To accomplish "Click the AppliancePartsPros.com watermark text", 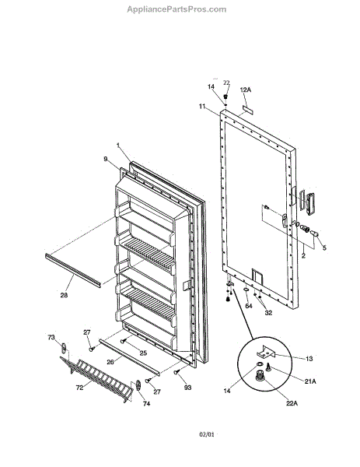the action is [177, 9].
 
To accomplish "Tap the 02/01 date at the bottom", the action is [207, 434].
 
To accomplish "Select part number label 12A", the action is [246, 90].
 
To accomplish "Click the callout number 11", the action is [203, 106].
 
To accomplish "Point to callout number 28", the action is [64, 295].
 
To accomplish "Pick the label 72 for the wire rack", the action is [79, 388].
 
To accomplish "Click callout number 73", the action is [51, 337].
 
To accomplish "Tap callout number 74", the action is [146, 403].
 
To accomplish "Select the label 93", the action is [187, 388].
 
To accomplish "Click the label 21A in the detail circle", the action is [310, 381].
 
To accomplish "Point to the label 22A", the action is [292, 403].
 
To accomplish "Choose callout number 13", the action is [309, 359].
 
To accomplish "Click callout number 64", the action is [249, 306].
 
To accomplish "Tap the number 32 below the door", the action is [268, 313].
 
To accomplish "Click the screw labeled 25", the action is [122, 341].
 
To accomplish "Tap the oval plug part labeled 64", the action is [246, 290].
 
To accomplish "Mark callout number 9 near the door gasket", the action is [106, 159].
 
